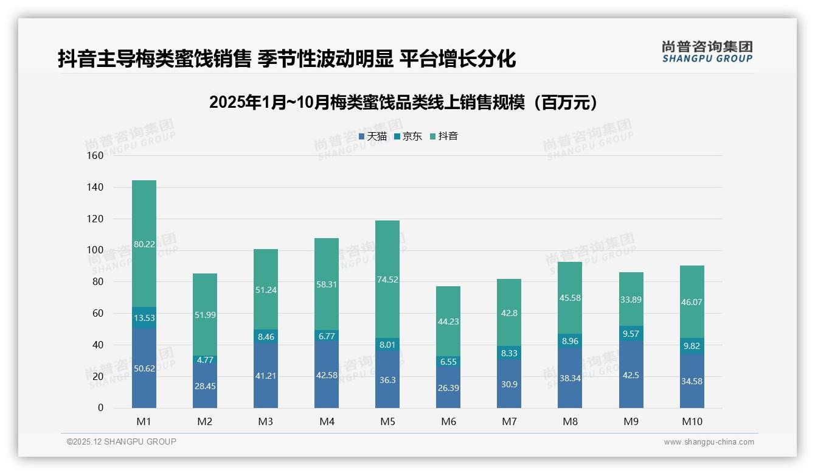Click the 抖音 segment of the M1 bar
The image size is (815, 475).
(144, 244)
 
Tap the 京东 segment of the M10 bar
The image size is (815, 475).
(692, 345)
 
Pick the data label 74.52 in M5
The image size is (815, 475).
(387, 280)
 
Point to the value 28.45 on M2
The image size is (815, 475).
(205, 386)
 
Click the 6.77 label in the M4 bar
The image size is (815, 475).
(327, 335)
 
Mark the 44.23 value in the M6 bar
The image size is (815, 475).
(448, 322)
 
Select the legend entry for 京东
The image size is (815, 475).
(408, 136)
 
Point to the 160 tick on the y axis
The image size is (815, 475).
(96, 155)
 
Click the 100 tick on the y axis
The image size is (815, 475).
(96, 250)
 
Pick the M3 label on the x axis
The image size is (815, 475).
(266, 421)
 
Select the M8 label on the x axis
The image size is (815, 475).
(570, 421)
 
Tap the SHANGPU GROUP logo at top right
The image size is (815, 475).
(707, 52)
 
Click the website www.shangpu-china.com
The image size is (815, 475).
(709, 442)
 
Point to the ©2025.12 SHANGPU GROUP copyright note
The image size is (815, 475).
(122, 442)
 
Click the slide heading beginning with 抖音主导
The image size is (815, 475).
(286, 58)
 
